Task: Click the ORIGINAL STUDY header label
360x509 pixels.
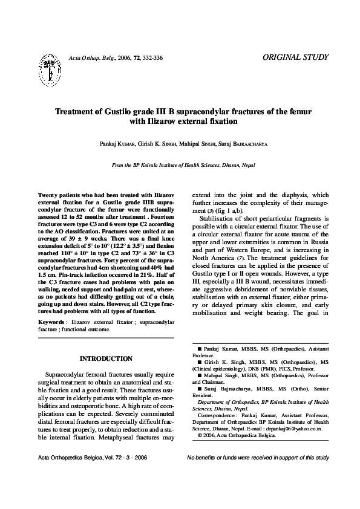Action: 296,57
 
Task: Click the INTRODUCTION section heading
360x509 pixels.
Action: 106,358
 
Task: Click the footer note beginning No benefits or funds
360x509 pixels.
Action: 258,458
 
